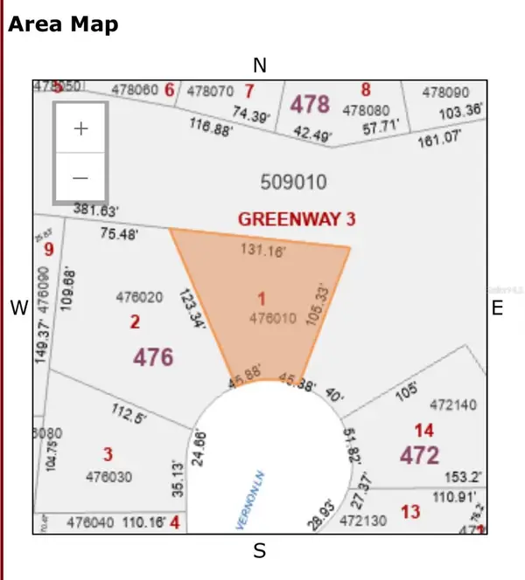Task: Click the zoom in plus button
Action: point(80,128)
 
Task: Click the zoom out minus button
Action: point(80,177)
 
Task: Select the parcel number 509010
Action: point(293,182)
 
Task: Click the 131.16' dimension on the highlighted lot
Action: point(262,250)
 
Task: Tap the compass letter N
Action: point(259,66)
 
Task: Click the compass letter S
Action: point(259,550)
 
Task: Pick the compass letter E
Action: point(497,307)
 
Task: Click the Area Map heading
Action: point(63,24)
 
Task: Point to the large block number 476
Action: point(153,356)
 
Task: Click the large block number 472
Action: point(419,454)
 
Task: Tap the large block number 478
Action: point(310,105)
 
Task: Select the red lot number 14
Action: point(423,430)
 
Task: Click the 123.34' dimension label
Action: point(192,309)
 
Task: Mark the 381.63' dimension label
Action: point(96,211)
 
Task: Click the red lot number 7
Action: point(249,90)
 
